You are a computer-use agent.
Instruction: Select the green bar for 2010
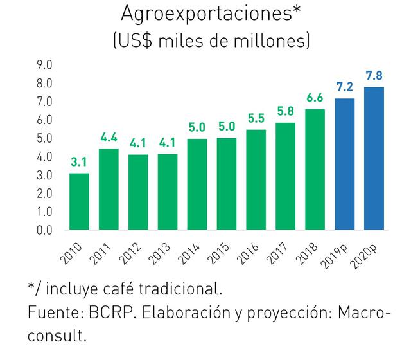(x=79, y=201)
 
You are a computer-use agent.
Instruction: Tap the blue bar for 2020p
(x=374, y=158)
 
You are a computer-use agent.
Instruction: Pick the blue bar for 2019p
(x=345, y=164)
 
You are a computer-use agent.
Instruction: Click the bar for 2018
(x=315, y=169)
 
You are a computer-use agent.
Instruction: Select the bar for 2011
(x=109, y=189)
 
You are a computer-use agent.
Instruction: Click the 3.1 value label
(x=79, y=163)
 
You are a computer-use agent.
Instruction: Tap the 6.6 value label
(x=315, y=98)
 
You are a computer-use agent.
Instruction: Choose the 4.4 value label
(x=109, y=138)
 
